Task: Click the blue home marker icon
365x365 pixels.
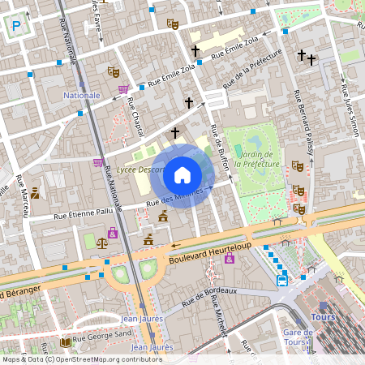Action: click(182, 175)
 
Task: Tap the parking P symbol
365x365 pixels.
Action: click(16, 28)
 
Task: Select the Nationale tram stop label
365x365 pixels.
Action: click(82, 95)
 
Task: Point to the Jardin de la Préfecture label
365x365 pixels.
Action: click(256, 159)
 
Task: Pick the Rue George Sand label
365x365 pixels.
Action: click(101, 341)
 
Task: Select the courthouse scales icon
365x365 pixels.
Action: click(101, 241)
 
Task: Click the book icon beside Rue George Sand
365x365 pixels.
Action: click(65, 341)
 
